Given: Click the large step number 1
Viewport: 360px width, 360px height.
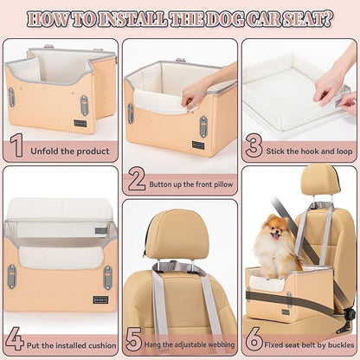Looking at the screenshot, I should (x=16, y=145).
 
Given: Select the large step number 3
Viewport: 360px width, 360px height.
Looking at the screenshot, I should (x=254, y=145).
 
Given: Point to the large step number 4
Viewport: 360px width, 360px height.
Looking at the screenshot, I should (x=16, y=338).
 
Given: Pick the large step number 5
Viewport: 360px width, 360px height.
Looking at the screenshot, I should (x=135, y=338).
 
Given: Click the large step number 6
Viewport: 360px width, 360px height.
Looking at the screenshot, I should (x=254, y=338).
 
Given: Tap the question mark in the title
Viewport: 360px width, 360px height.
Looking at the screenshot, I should (x=330, y=17).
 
